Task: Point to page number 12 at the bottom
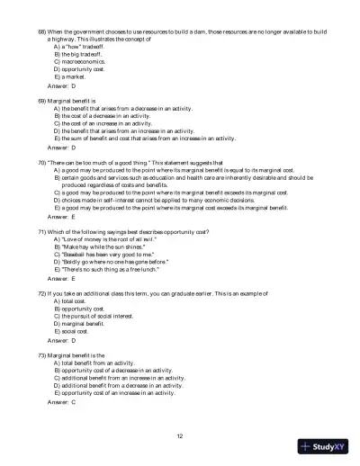180,435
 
